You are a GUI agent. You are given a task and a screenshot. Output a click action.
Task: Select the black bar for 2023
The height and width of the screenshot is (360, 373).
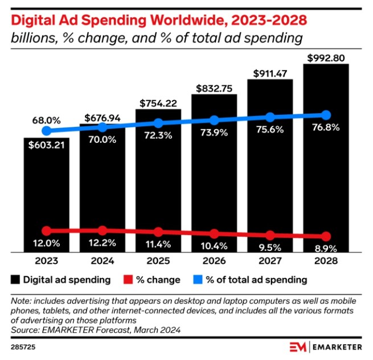tap(46, 193)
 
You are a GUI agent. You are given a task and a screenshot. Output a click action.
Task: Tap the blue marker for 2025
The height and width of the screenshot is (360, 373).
tap(158, 123)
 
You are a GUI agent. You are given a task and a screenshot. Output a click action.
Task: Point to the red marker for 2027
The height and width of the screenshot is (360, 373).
tap(270, 235)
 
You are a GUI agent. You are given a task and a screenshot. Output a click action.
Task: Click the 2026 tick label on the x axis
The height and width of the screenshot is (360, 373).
tap(214, 261)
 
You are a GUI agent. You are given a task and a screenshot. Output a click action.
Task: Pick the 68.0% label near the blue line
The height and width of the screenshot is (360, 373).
tap(47, 121)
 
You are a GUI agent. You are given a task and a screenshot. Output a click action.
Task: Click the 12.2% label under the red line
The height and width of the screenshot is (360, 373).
tap(103, 243)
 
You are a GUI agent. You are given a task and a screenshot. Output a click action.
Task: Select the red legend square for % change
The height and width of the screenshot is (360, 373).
tap(128, 280)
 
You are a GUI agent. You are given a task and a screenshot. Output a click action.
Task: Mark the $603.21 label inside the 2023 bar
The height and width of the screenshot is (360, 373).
tap(47, 145)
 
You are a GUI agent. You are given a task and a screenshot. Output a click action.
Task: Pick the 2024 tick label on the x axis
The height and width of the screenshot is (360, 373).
tap(103, 261)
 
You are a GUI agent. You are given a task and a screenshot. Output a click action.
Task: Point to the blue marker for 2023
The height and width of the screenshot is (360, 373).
tap(47, 131)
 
